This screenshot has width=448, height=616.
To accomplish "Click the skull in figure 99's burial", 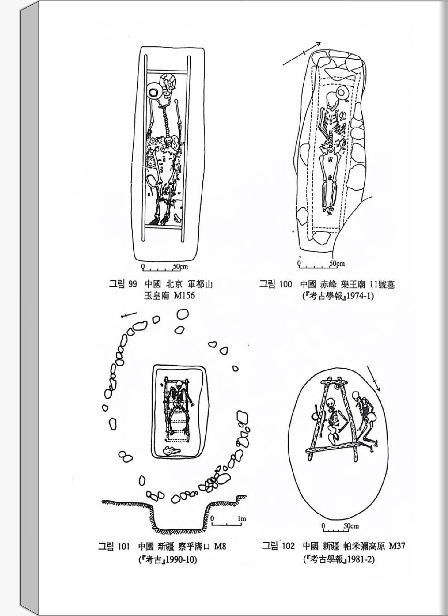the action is coord(169,84).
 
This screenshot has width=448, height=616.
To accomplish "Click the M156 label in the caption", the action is coord(184,295).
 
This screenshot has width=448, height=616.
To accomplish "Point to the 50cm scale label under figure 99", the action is coord(181,266).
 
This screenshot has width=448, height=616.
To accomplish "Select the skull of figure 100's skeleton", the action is coord(331,101).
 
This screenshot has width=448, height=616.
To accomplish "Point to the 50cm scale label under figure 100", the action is coord(337,263).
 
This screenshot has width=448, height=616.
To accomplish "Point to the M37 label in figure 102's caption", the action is coord(397,546).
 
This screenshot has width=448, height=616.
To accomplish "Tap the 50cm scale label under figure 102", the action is coord(351,526).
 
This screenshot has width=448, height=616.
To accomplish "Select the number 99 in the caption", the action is coord(132,284).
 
